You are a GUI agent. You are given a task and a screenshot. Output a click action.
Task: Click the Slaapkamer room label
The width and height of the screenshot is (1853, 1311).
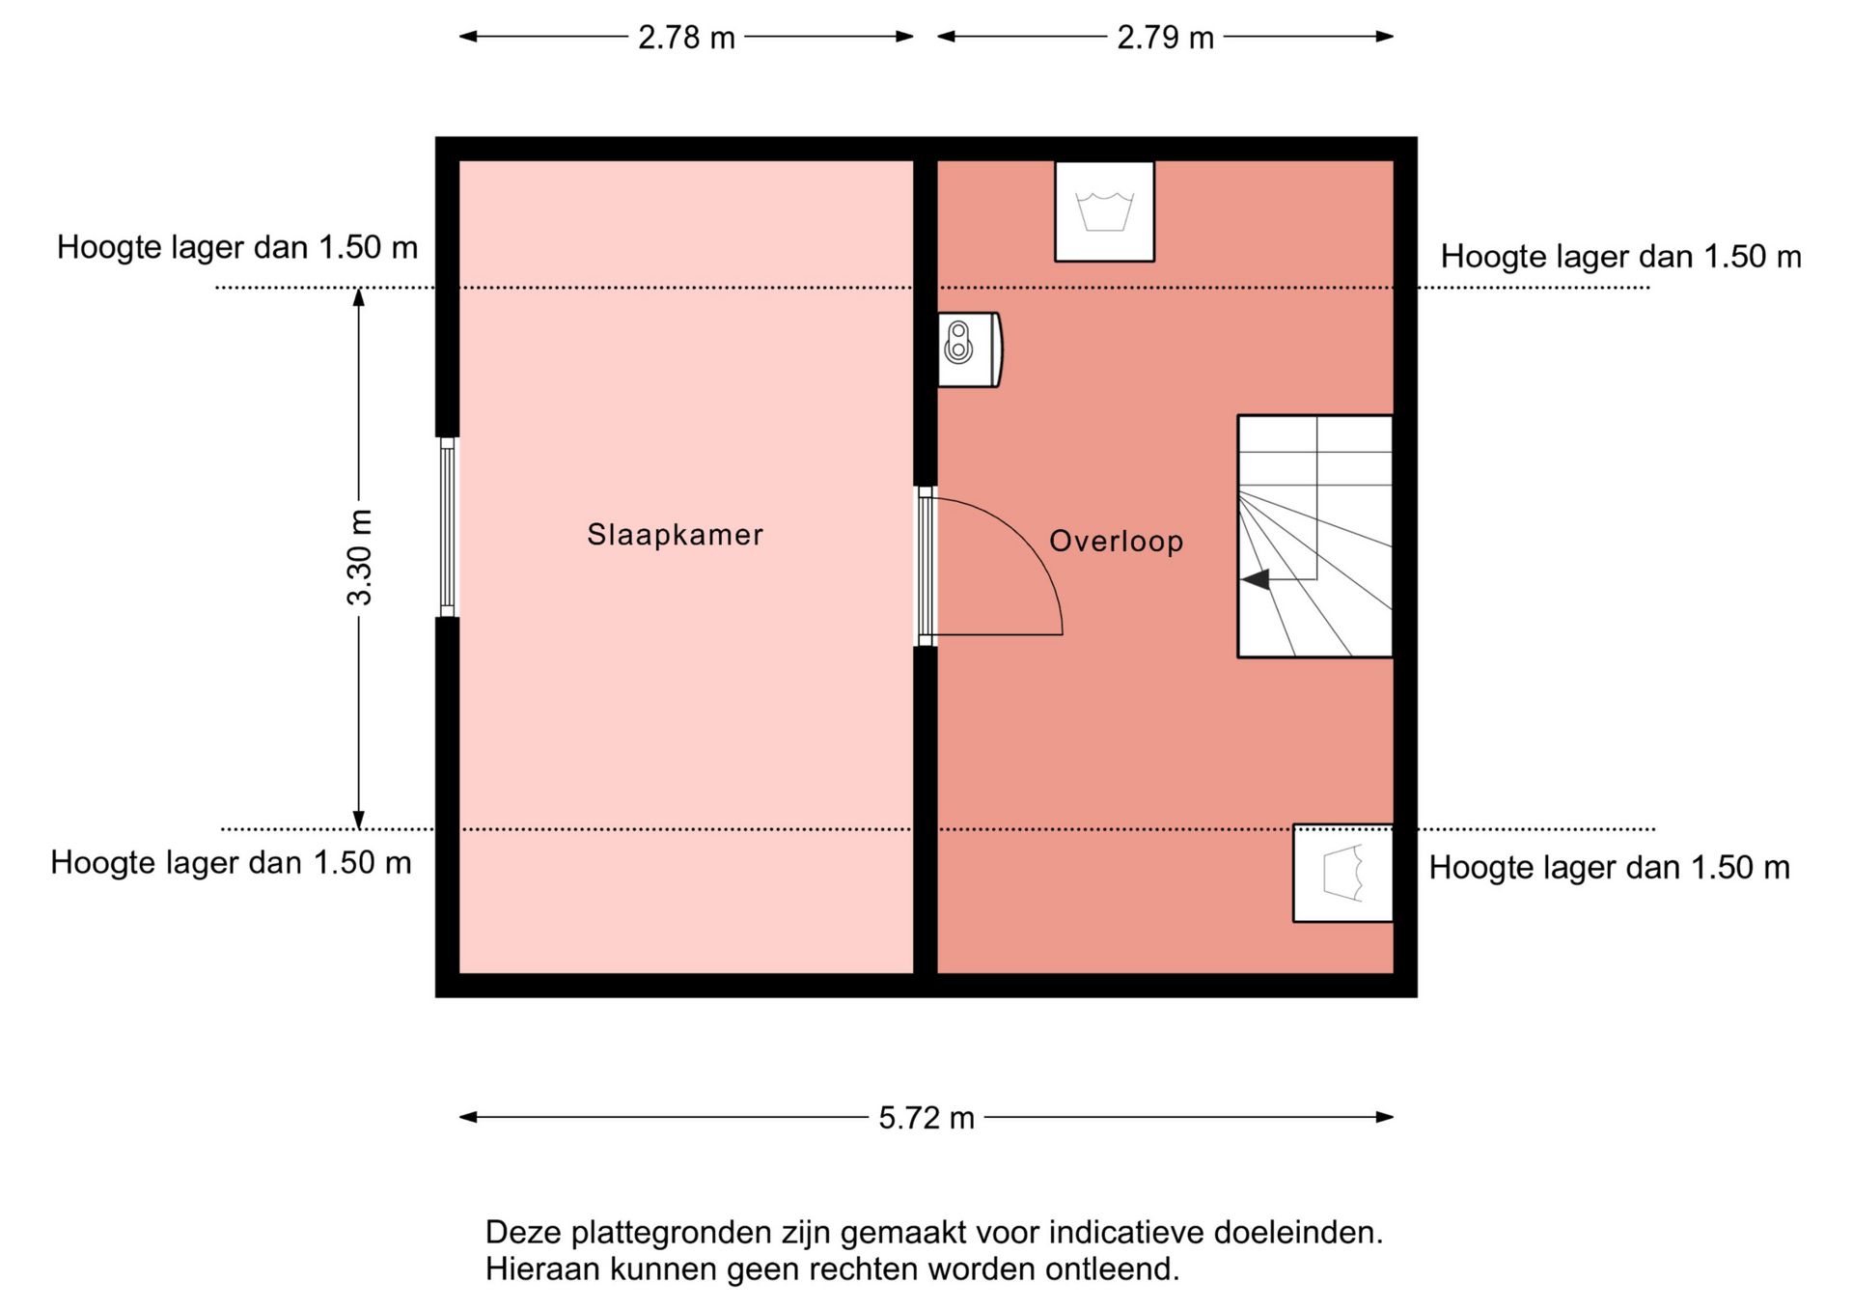pos(675,534)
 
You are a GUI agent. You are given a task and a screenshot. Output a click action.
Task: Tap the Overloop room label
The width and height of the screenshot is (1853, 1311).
pos(1117,542)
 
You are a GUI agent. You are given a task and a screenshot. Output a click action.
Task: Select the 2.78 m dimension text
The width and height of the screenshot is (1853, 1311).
pos(686,38)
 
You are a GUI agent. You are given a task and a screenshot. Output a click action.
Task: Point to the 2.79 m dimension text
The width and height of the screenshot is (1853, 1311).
pos(1165,38)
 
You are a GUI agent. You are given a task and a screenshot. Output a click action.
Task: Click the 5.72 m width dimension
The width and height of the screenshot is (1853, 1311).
pos(926,1118)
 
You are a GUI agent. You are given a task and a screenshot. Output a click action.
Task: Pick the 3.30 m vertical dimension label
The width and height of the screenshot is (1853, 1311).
pos(359,558)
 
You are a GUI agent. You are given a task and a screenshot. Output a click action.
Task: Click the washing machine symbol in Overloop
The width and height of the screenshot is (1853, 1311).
pos(1104,211)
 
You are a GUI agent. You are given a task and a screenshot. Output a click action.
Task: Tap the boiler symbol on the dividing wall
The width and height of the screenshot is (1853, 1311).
pos(970,349)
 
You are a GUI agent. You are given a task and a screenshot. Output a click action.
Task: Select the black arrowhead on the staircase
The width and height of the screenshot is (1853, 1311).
pos(1255,579)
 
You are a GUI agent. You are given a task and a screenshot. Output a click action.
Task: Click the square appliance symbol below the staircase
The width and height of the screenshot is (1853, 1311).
pos(1342,873)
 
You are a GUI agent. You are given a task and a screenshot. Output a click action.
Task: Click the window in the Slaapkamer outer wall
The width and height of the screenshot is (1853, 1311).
pos(447,527)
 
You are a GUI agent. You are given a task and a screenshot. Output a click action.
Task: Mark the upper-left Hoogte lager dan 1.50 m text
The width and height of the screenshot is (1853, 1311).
pos(237,248)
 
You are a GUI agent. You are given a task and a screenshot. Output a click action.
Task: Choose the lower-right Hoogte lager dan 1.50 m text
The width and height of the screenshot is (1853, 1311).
pos(1609,868)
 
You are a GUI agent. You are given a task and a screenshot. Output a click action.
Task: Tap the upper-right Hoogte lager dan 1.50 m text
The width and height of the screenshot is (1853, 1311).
pos(1621,257)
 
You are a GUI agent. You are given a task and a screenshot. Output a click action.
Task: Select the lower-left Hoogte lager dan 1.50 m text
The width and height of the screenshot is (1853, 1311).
pos(231,862)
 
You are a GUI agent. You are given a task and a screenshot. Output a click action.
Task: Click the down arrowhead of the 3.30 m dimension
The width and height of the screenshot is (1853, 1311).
pos(359,820)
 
